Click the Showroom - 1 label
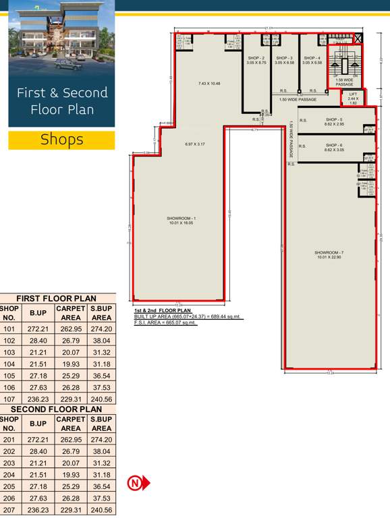click(x=181, y=218)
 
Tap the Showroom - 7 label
click(x=329, y=253)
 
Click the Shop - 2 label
click(x=256, y=59)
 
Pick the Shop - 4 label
click(x=312, y=59)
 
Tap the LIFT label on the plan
click(x=353, y=94)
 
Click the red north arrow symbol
click(x=138, y=483)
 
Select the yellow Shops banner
click(x=61, y=140)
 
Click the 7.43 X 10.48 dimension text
click(x=209, y=84)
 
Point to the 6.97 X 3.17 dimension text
click(x=195, y=144)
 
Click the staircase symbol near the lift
click(x=345, y=66)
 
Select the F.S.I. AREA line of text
click(x=165, y=323)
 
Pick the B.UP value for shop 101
click(x=36, y=328)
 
